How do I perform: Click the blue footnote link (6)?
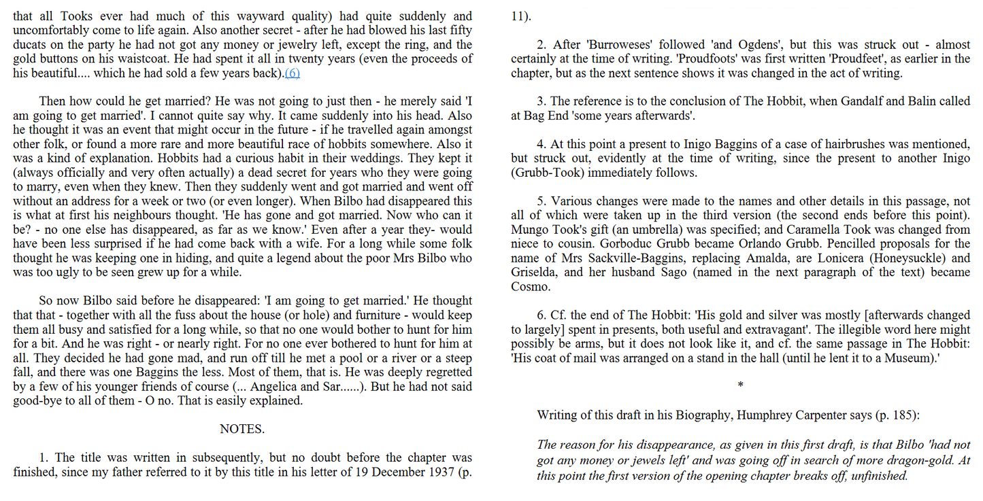coord(292,73)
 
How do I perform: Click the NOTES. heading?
coord(242,429)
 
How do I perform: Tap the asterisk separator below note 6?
coord(740,385)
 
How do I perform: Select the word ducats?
coord(29,45)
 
